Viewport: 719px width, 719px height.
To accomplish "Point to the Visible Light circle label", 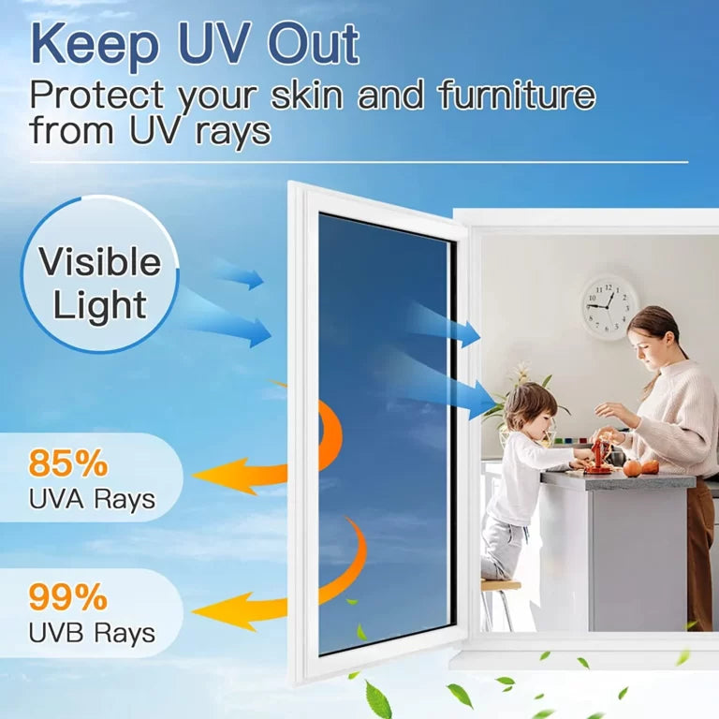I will tap(99, 284).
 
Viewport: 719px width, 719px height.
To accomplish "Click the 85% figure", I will tap(68, 464).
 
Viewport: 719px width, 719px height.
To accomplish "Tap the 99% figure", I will tap(68, 596).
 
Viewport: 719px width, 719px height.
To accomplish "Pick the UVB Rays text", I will tap(91, 633).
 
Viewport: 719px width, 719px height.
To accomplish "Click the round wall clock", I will tap(609, 306).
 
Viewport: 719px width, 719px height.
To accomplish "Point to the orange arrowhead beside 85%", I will tap(213, 475).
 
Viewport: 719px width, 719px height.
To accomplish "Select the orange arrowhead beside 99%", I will tap(213, 610).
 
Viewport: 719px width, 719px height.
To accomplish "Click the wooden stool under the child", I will tap(502, 599).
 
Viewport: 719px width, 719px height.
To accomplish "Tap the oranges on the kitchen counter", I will tap(640, 467).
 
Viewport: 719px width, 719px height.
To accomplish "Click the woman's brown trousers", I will tap(699, 552).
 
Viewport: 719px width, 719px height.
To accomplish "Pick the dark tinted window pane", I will tap(384, 431).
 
